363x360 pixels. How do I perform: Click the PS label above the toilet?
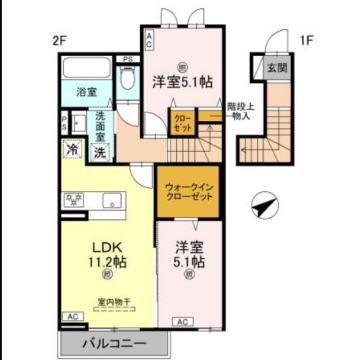point(128,60)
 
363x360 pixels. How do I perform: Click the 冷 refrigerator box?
point(73,151)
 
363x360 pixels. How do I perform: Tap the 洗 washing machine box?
point(99,153)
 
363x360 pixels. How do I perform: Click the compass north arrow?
point(263,205)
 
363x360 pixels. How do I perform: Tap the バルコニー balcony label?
point(114,343)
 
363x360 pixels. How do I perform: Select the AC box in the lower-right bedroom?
point(183,321)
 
